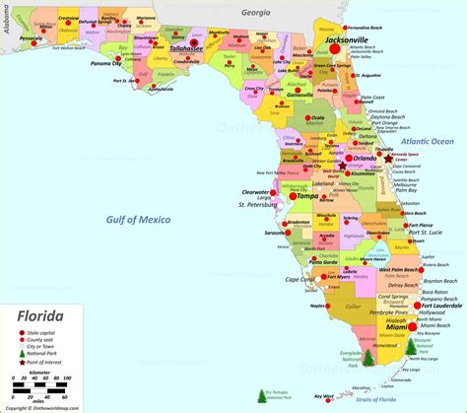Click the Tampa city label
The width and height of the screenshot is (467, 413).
tap(308, 196)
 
